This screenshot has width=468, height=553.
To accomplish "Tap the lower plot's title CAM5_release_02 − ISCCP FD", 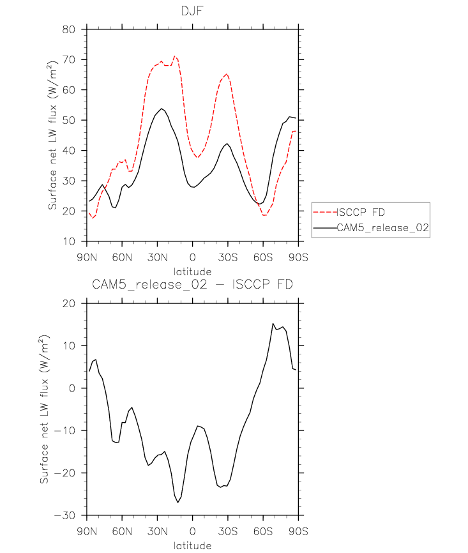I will click(193, 285).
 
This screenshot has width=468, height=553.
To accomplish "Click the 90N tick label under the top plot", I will click(87, 258).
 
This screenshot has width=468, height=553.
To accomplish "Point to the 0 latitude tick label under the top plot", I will click(193, 258).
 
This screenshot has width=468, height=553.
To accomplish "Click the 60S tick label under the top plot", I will click(263, 258).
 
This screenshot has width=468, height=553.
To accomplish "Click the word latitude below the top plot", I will click(193, 272).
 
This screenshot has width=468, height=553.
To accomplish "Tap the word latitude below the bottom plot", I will click(193, 545).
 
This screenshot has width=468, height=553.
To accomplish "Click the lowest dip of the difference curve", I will click(178, 503).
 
